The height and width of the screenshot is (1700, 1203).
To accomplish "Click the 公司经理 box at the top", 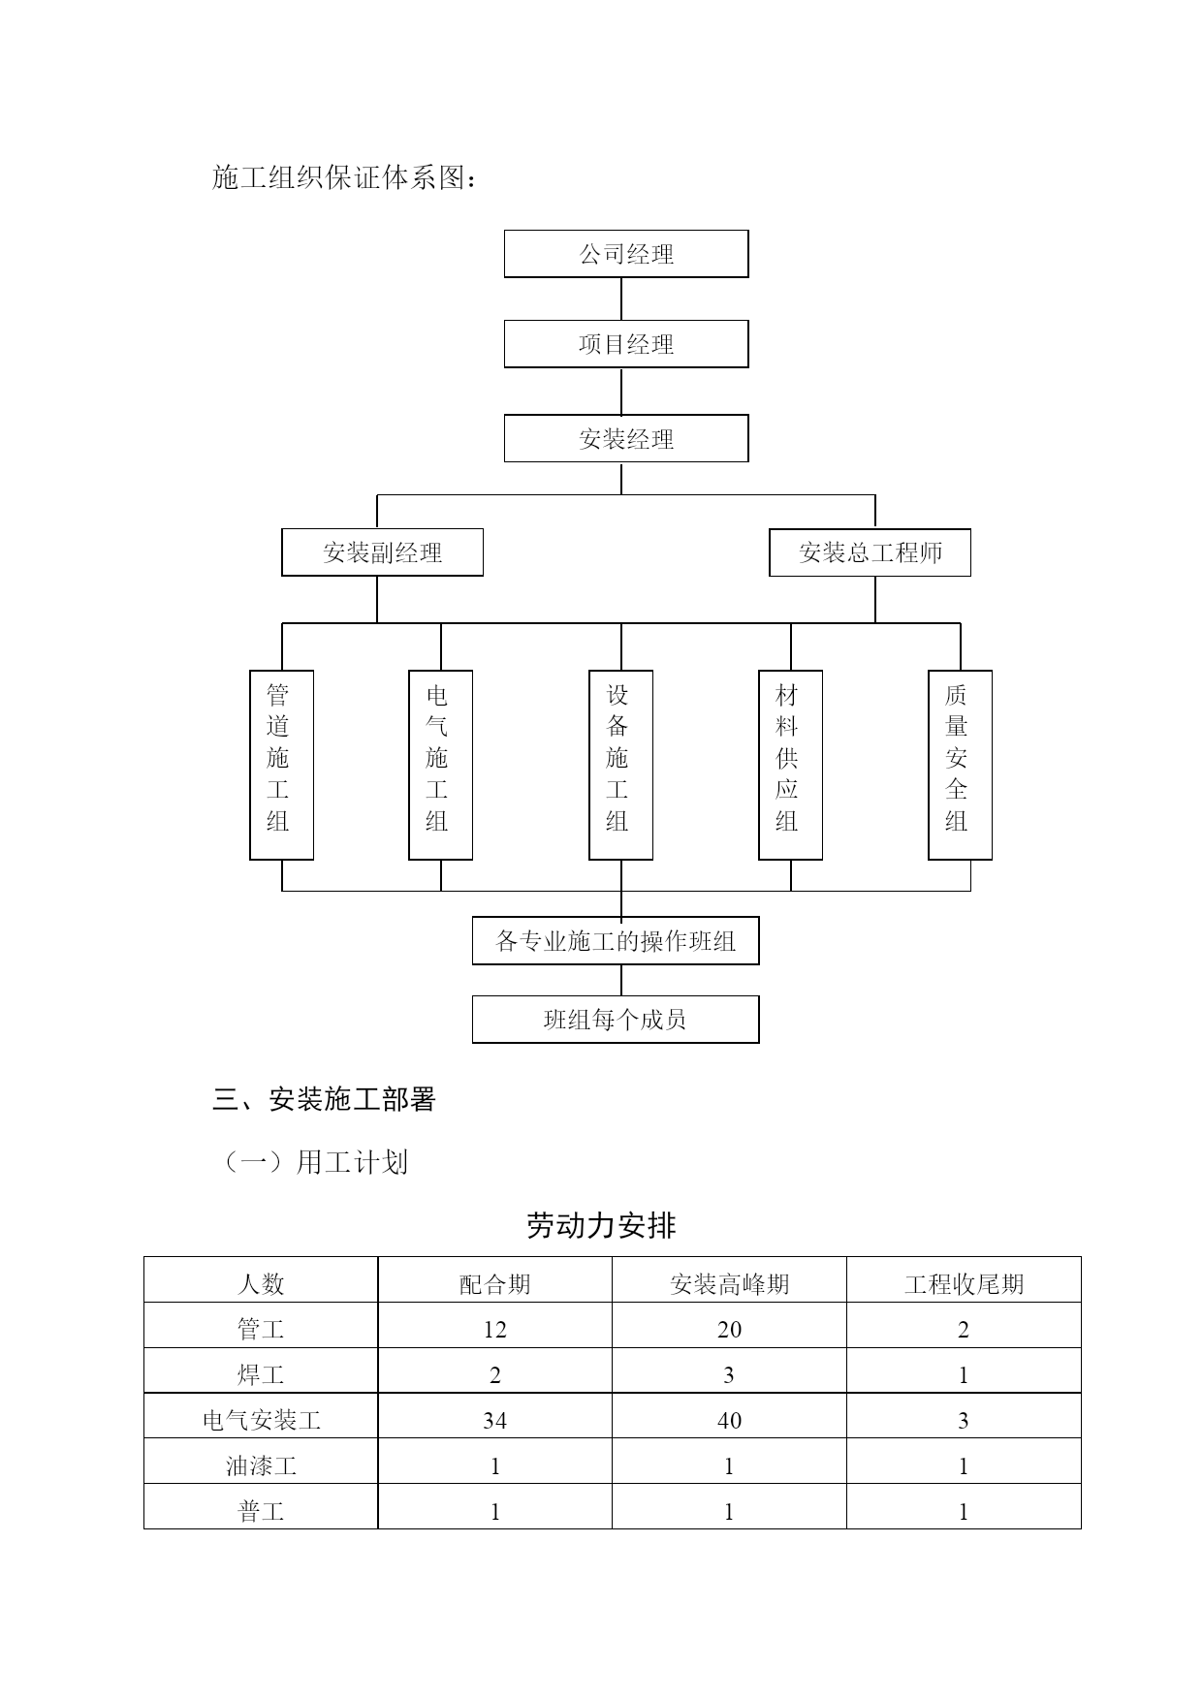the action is pos(626,254).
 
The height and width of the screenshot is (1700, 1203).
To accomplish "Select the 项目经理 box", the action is pos(626,344).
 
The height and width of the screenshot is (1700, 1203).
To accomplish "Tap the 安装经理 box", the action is pos(626,439).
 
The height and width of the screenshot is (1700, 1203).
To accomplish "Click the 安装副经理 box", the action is pos(382,552).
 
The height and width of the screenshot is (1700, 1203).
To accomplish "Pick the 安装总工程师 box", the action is pos(870,552).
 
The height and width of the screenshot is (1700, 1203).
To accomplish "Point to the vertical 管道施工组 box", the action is pos(281,765).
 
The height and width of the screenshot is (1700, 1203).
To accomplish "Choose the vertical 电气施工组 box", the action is pos(440,765).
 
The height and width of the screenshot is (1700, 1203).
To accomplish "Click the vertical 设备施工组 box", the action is pos(620,765).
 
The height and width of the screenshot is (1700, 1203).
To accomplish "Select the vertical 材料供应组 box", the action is pos(790,765).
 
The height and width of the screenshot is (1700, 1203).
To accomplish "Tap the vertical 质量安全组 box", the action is pos(960,765).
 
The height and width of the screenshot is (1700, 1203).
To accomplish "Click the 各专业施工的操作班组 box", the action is pos(616,941).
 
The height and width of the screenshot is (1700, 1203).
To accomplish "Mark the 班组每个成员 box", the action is pos(616,1020).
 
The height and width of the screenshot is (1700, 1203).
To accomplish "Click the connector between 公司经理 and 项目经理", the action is pos(621,299).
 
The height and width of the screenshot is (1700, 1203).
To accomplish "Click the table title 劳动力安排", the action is pos(601,1226).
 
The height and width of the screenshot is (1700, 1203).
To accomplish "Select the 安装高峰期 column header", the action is pos(729,1284).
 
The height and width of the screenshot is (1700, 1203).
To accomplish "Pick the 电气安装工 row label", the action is pos(261,1421).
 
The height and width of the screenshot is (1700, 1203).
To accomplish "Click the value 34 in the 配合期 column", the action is pos(494,1421).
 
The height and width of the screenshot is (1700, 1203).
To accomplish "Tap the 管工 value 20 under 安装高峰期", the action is pos(729,1330).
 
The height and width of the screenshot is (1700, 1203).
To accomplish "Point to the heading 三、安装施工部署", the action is pos(325,1099).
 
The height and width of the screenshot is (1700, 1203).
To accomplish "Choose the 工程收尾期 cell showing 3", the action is pos(964,1421).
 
